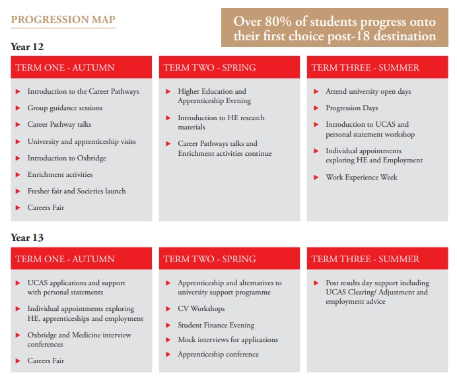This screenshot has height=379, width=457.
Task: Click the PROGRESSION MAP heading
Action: click(x=63, y=20)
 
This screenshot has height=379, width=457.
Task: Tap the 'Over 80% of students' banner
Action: click(x=335, y=28)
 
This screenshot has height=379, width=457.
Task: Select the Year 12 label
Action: click(x=27, y=47)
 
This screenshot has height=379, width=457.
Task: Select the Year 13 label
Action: click(x=27, y=238)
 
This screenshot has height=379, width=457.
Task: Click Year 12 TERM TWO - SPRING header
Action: click(x=209, y=67)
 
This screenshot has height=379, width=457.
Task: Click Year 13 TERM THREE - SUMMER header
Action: click(x=365, y=259)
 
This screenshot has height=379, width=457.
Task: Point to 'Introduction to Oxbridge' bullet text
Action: click(x=67, y=158)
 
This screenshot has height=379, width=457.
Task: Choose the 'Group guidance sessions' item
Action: click(x=65, y=108)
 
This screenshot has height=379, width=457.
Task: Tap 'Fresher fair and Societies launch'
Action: click(x=76, y=191)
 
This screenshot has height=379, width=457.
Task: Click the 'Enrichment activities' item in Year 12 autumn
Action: click(x=59, y=175)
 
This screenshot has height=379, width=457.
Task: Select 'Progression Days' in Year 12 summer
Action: click(x=351, y=108)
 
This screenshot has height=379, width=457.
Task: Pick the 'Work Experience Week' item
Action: click(x=361, y=178)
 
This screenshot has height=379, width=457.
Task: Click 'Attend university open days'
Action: click(x=368, y=92)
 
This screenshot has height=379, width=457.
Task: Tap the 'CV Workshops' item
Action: click(x=201, y=309)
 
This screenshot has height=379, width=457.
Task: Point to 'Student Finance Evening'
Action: click(x=216, y=325)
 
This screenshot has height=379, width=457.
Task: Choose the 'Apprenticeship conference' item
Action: click(x=218, y=355)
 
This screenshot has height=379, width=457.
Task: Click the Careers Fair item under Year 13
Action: click(x=46, y=361)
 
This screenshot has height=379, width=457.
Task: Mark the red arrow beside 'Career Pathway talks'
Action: click(x=18, y=125)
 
